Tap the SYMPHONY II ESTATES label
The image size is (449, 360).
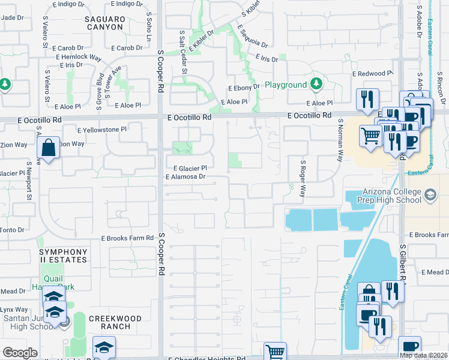[x=64, y=256]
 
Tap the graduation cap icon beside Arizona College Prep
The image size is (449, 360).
[x=430, y=194]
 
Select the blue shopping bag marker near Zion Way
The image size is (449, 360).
[x=48, y=148]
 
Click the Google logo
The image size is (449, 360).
[x=20, y=353]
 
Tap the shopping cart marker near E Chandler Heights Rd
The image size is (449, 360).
[x=276, y=352]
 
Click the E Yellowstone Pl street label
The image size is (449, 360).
[x=102, y=129]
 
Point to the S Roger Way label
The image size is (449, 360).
[x=303, y=178]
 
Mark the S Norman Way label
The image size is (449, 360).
[x=340, y=140]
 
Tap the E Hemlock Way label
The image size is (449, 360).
[x=79, y=57]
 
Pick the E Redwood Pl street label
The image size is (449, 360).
[x=372, y=73]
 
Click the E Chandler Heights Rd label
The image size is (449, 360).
[x=206, y=358]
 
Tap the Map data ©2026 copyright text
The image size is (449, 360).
[x=423, y=355]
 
